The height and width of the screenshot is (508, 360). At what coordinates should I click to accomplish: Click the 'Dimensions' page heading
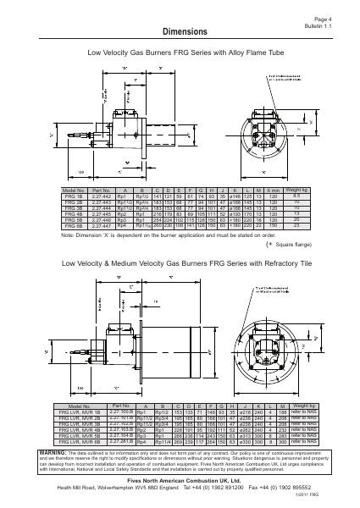point(179,31)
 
